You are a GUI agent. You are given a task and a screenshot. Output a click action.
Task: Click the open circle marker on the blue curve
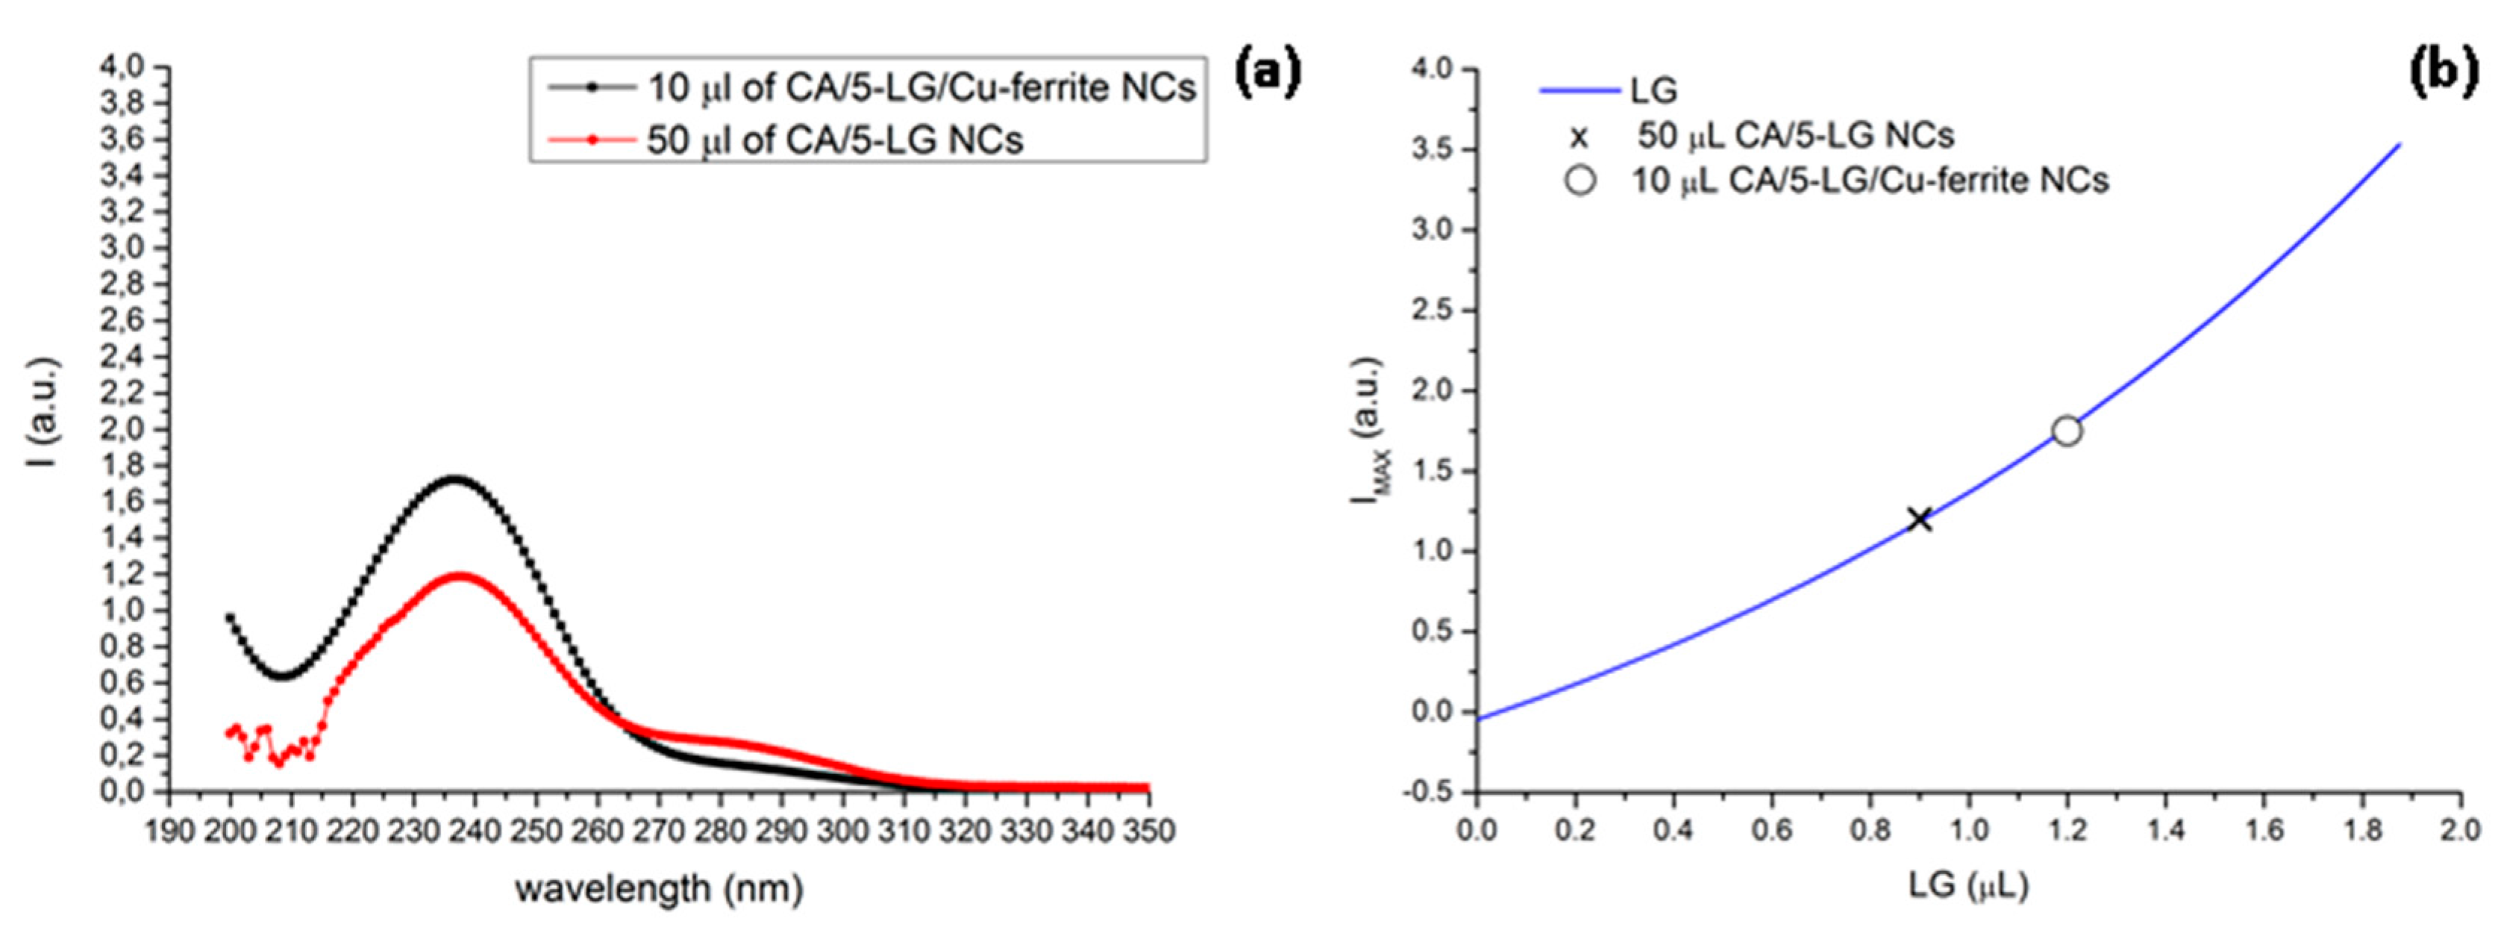(2066, 431)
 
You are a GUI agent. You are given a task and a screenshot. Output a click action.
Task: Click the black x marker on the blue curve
(1919, 519)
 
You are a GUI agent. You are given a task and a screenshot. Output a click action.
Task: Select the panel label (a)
(1267, 74)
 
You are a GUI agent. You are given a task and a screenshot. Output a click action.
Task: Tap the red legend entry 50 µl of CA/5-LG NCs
(834, 140)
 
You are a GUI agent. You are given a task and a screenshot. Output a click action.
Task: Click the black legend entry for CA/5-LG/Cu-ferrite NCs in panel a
(921, 87)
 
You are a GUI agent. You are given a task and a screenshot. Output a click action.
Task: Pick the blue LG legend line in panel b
(1579, 90)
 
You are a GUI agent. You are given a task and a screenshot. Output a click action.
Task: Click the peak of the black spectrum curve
(454, 478)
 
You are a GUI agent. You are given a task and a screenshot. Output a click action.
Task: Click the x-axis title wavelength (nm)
(659, 888)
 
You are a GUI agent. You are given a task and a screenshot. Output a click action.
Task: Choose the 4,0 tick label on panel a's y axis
(122, 67)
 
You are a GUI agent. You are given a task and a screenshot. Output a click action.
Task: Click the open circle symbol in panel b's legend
(1580, 181)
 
